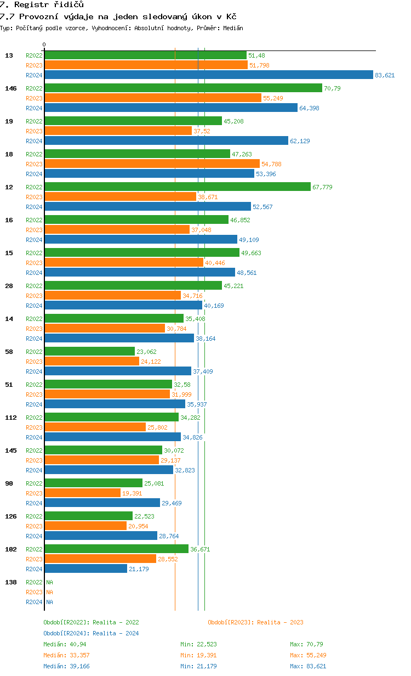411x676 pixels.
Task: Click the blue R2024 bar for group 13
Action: [x=208, y=75]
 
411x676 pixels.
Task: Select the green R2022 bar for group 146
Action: [x=183, y=88]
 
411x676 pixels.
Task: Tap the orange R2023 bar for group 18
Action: [x=152, y=164]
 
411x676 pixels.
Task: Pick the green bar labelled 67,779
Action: [x=177, y=187]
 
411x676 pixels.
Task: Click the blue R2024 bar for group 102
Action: [x=85, y=569]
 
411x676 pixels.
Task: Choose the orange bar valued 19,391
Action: [x=82, y=493]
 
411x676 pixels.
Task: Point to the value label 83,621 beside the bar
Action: [x=385, y=75]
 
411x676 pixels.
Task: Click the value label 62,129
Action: [x=300, y=141]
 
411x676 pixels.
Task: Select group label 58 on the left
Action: [x=9, y=352]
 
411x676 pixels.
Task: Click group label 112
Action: [x=10, y=418]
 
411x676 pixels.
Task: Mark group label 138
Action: [x=10, y=582]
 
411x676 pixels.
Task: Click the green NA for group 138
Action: [x=49, y=582]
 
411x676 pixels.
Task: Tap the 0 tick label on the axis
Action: [x=44, y=44]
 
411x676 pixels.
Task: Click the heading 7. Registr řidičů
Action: [x=42, y=4]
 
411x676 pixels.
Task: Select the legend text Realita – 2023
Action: [x=280, y=622]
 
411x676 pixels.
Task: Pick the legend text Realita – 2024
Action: [x=116, y=633]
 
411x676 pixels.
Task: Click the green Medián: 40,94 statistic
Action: [x=61, y=644]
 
